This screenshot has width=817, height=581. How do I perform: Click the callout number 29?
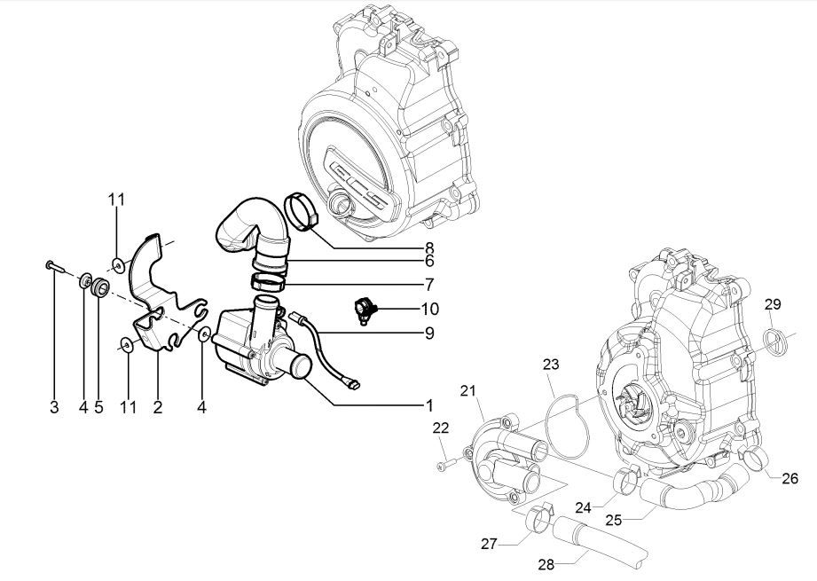point(773,304)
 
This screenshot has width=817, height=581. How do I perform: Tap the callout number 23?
point(553,364)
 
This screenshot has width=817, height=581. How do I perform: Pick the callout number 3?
point(53,408)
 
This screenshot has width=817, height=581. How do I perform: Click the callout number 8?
point(429,247)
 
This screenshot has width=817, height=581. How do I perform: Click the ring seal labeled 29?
point(774,339)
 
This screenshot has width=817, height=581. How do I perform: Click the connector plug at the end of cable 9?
point(353,385)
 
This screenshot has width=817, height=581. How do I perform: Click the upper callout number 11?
point(117,200)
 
